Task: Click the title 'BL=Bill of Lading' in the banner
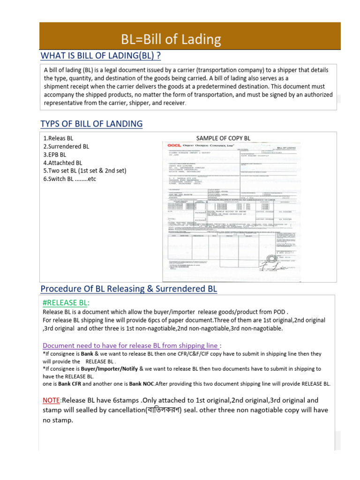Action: pyautogui.click(x=171, y=39)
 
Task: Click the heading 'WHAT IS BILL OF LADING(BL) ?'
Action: pyautogui.click(x=101, y=56)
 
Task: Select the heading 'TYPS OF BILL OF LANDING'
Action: pyautogui.click(x=91, y=124)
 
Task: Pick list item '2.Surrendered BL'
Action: pyautogui.click(x=66, y=147)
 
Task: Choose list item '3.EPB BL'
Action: pyautogui.click(x=55, y=155)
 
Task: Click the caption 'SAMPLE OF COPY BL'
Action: pyautogui.click(x=223, y=138)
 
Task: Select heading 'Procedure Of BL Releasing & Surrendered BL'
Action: pyautogui.click(x=129, y=289)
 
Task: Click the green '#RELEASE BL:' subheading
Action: pyautogui.click(x=66, y=302)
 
